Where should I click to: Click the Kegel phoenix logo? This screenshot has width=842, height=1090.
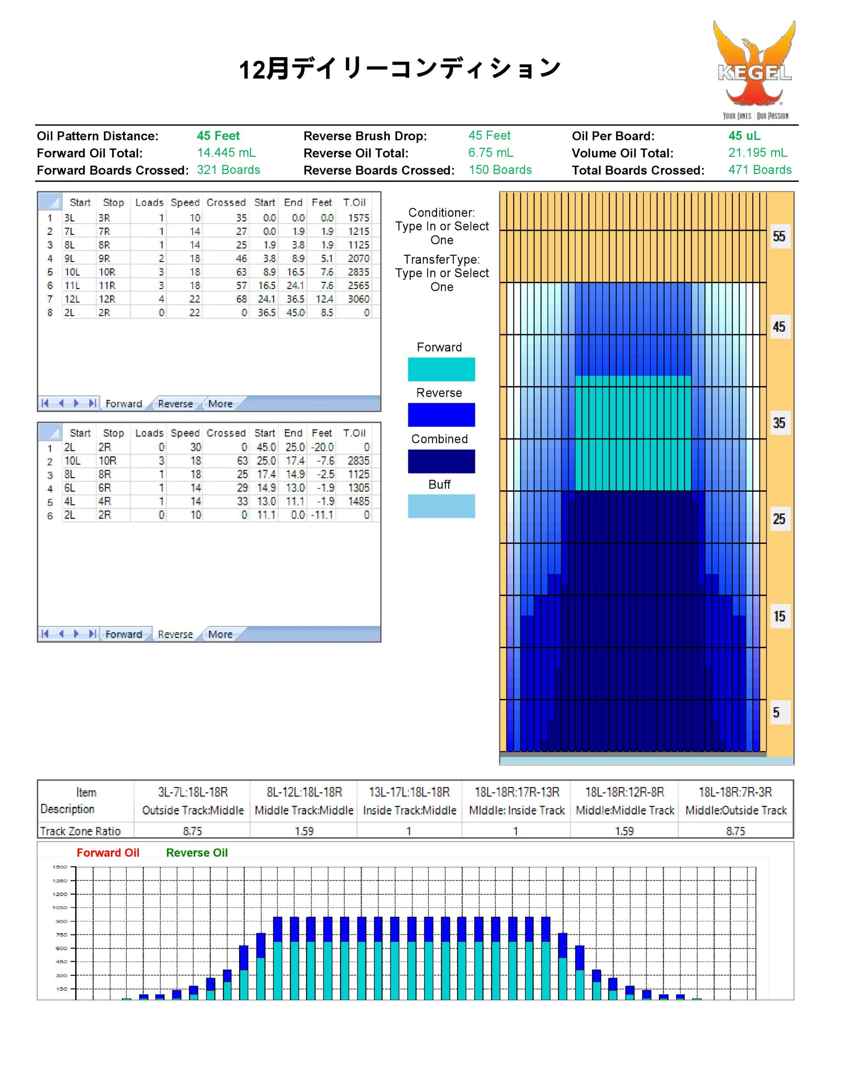[x=754, y=70]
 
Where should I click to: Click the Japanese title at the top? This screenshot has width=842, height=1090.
[x=400, y=69]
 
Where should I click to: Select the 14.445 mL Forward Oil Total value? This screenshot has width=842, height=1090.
[x=226, y=153]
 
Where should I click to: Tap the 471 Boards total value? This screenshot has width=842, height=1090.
[x=760, y=170]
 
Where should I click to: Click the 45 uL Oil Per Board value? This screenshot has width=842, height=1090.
[x=744, y=136]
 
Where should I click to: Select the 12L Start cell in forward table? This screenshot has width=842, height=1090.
[x=72, y=299]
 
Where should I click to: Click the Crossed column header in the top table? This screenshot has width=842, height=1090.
[x=226, y=203]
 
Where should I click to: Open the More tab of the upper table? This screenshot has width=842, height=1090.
[x=220, y=404]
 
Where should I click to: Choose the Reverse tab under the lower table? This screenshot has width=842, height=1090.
[x=175, y=634]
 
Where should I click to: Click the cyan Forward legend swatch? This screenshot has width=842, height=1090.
[x=441, y=369]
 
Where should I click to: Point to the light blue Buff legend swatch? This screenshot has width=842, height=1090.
[x=441, y=506]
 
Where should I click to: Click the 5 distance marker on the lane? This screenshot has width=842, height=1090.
[x=776, y=712]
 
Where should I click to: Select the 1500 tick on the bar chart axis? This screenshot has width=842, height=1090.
[x=60, y=867]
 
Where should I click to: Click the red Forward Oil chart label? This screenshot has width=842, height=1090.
[x=108, y=852]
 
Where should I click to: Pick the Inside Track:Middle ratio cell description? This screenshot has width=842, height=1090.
[x=410, y=810]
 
